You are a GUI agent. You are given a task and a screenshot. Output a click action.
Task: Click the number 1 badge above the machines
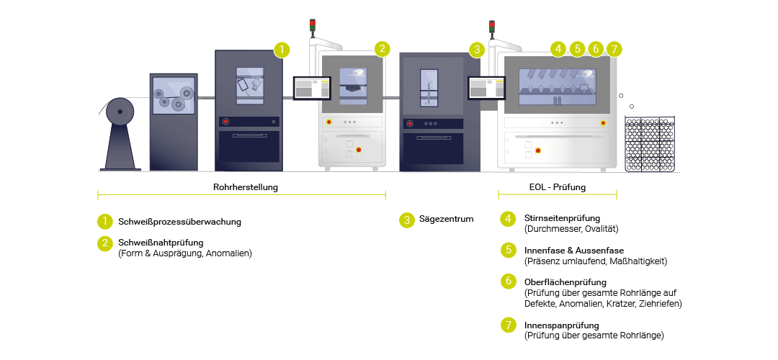282,49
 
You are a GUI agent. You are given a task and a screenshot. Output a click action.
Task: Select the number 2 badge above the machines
383,49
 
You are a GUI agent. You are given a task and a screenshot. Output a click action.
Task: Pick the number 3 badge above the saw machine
476,49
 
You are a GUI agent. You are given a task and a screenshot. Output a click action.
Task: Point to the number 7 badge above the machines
613,49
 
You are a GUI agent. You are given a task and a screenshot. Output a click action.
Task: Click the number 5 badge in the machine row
577,49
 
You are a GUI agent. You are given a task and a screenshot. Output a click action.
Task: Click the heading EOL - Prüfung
557,187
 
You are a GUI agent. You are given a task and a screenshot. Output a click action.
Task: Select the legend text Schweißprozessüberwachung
179,222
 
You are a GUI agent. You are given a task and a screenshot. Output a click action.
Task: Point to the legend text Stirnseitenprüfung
562,218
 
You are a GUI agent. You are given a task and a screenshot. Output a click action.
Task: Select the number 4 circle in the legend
509,219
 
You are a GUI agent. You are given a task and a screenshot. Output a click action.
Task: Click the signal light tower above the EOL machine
493,28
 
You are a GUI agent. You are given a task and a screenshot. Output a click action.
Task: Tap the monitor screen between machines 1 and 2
312,88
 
